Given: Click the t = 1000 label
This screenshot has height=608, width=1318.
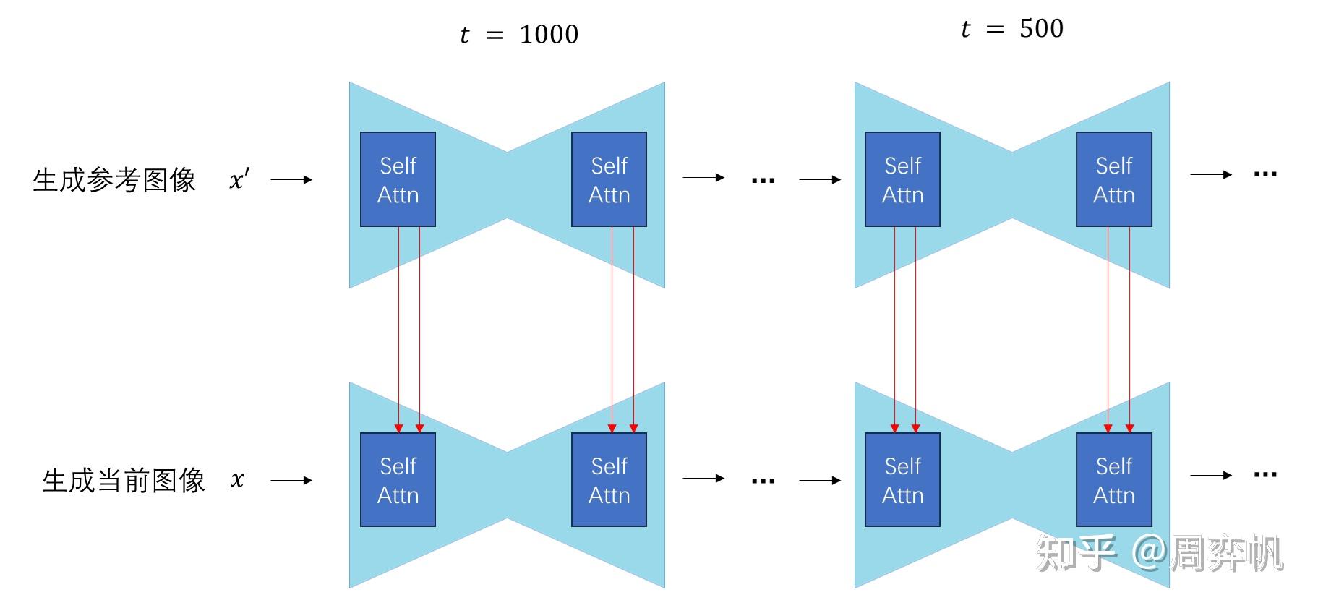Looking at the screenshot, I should (518, 34).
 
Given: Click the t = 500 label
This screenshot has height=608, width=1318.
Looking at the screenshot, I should (1011, 29).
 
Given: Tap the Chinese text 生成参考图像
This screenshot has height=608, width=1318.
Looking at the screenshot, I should (114, 180).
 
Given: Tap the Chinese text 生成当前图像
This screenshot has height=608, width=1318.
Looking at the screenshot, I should (123, 480).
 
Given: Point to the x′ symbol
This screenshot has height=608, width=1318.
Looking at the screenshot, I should (239, 179).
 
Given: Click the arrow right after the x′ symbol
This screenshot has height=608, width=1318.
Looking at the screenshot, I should (291, 179).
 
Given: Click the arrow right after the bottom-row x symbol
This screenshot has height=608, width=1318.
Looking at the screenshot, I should (291, 480).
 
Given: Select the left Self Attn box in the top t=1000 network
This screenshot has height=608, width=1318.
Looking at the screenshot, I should (398, 179).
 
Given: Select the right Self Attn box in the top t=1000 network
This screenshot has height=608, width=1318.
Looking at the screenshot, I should (609, 179).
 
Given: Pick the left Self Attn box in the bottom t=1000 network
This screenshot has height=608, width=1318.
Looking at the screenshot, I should (398, 480).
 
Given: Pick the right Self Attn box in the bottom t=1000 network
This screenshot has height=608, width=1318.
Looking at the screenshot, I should (609, 480).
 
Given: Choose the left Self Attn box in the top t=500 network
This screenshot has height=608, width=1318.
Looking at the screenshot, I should (902, 179).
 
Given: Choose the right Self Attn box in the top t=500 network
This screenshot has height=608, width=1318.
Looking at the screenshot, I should (1113, 179).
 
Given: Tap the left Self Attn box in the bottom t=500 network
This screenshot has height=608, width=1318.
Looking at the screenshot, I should (902, 480).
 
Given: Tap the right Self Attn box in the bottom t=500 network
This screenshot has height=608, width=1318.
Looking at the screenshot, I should (1113, 480).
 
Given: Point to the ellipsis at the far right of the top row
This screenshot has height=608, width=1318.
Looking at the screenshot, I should (1265, 174).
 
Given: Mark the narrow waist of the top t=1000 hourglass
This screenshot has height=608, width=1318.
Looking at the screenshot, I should (507, 185).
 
